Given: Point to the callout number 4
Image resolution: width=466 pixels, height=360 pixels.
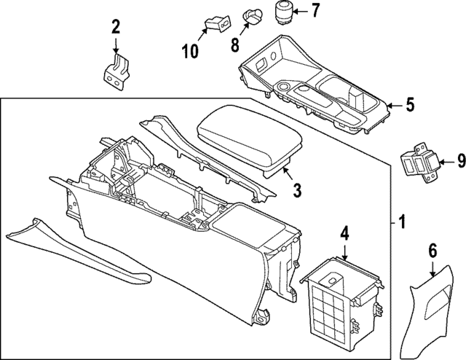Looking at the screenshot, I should [x=344, y=235].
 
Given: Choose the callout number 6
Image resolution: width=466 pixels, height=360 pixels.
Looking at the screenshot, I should [x=433, y=251].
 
